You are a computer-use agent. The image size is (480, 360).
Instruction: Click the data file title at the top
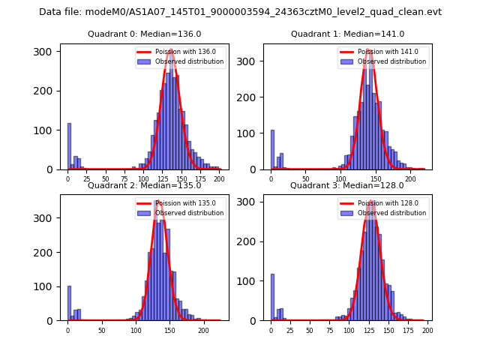click(240, 12)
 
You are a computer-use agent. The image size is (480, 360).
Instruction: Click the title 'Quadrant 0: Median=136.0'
click(145, 34)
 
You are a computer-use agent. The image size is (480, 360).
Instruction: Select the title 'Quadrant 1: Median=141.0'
click(348, 34)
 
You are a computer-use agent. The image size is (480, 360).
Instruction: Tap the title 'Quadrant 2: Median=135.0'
click(145, 185)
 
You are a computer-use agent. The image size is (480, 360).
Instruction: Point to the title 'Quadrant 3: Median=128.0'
click(347, 185)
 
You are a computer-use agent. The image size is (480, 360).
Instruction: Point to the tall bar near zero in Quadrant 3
click(272, 297)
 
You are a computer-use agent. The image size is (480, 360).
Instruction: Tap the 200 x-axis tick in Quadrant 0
click(219, 180)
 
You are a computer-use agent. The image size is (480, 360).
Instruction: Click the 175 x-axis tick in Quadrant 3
click(408, 330)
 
